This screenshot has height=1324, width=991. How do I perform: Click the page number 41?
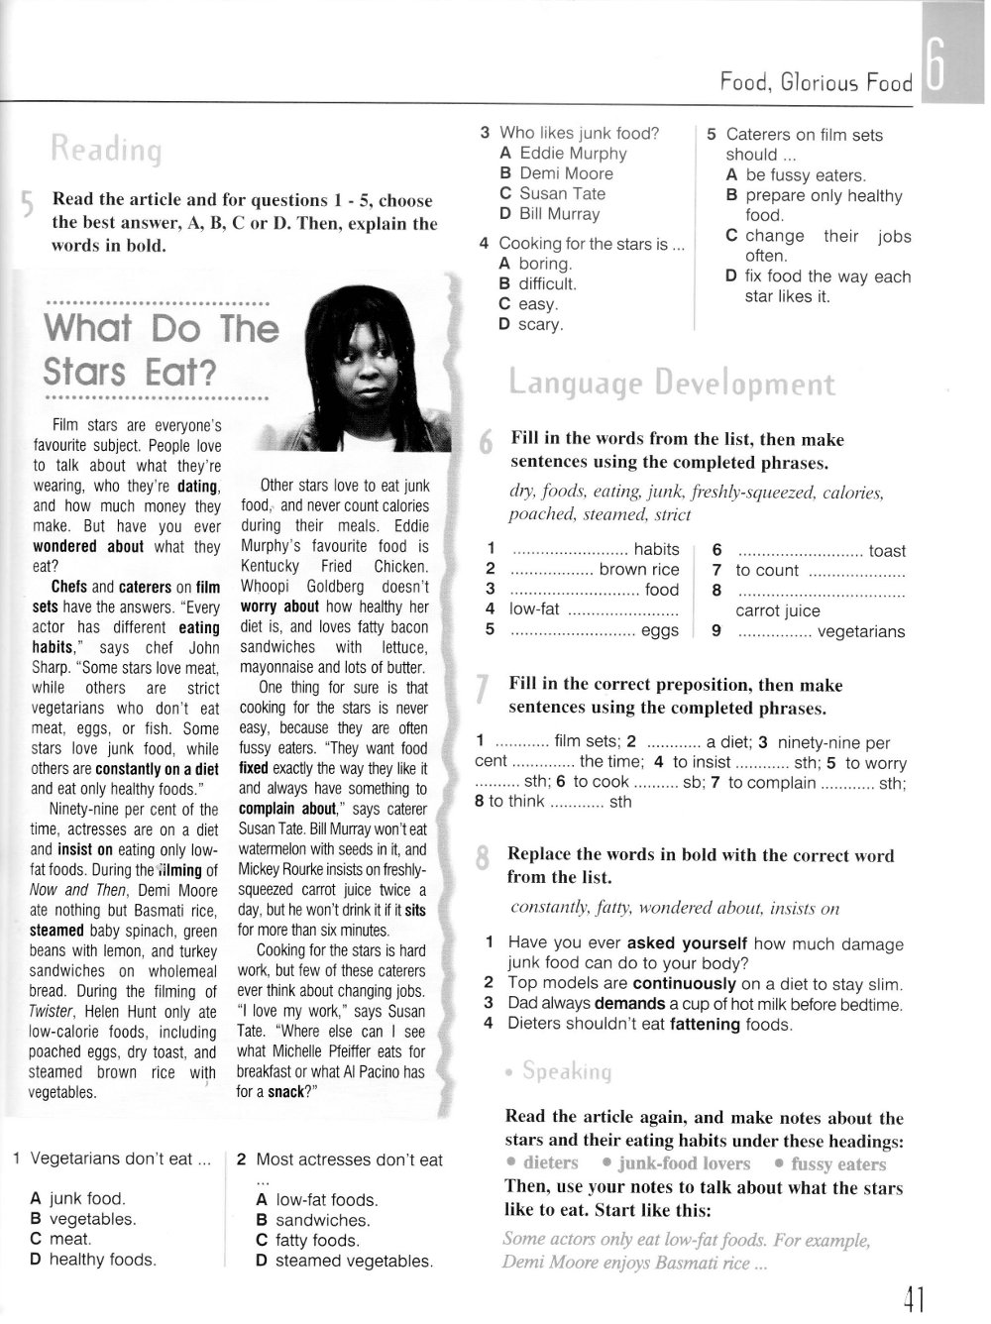pyautogui.click(x=913, y=1298)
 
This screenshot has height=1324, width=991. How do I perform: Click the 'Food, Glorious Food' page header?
pyautogui.click(x=816, y=82)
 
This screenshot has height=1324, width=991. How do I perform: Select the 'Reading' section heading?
pyautogui.click(x=106, y=150)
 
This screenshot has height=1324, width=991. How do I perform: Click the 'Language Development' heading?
pyautogui.click(x=672, y=384)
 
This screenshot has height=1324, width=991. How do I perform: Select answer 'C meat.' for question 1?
pyautogui.click(x=61, y=1239)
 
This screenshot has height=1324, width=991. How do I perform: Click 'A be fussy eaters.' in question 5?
pyautogui.click(x=796, y=175)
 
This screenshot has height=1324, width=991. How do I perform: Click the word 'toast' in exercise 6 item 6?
pyautogui.click(x=887, y=551)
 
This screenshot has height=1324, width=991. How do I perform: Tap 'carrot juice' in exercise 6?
pyautogui.click(x=777, y=610)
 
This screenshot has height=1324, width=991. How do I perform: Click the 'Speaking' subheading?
pyautogui.click(x=567, y=1071)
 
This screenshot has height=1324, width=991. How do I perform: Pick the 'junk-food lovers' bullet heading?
pyautogui.click(x=684, y=1163)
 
